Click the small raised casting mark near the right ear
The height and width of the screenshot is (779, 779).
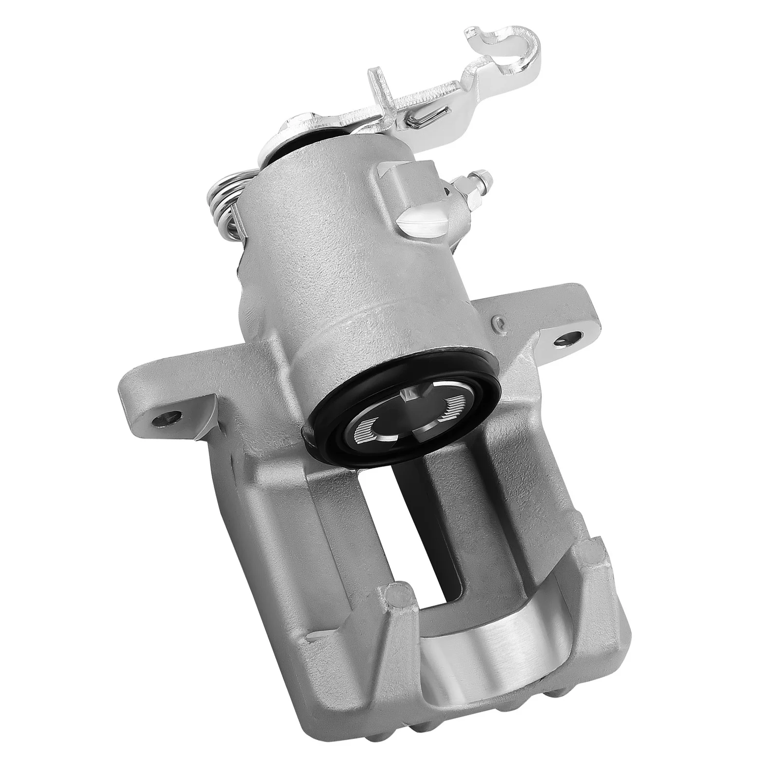pos(497,322)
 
